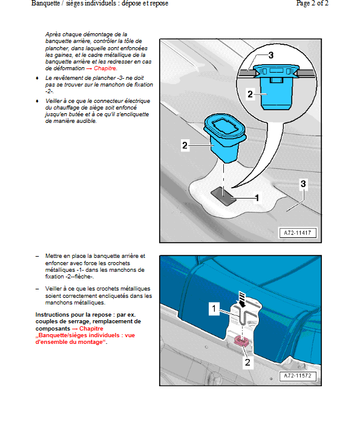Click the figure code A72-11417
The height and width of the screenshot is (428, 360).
[x=297, y=233]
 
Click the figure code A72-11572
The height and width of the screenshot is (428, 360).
[x=298, y=376]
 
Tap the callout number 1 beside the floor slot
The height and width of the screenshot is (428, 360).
[x=257, y=198]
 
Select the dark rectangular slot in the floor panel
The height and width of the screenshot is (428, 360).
[x=223, y=196]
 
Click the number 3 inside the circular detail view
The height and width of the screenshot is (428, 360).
[x=271, y=56]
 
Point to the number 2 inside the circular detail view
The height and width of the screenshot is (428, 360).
[x=250, y=94]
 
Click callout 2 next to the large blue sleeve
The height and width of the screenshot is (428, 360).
[x=185, y=145]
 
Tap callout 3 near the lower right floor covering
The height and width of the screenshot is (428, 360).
[x=303, y=183]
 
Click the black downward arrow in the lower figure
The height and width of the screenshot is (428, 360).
[x=242, y=299]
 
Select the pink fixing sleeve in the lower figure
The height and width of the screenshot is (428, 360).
[x=241, y=341]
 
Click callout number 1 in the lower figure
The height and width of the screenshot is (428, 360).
[x=214, y=309]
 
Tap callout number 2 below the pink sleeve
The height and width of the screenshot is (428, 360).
[x=247, y=362]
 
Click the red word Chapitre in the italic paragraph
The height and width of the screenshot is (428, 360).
[x=105, y=68]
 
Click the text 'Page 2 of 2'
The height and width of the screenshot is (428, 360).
[x=312, y=3]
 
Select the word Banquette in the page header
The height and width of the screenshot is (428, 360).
[x=45, y=3]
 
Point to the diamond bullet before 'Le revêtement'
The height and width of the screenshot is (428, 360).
[x=37, y=78]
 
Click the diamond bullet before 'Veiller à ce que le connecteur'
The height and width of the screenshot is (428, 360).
[x=37, y=101]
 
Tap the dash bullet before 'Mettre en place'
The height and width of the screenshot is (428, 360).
[x=37, y=256]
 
